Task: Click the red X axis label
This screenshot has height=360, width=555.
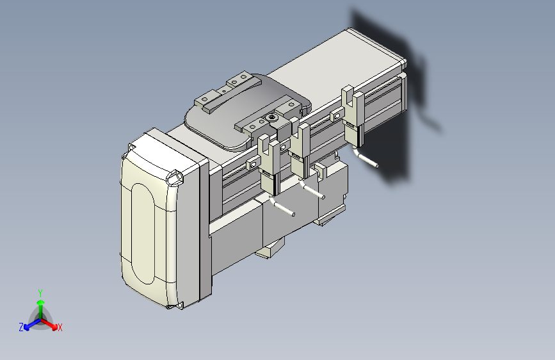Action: pos(60,328)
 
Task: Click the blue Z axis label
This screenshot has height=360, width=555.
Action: pos(21,327)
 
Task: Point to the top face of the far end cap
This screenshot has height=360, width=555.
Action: pos(374,44)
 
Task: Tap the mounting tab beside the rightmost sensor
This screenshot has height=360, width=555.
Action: pos(334,117)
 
